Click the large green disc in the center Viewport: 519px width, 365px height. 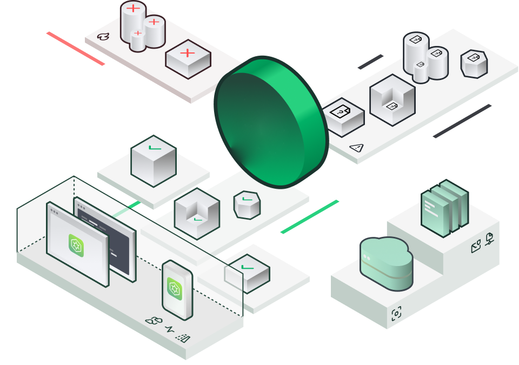coord(270,122)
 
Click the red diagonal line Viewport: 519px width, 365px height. coord(75,49)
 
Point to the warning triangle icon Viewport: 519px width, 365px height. coord(356,147)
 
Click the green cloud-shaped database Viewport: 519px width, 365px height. coord(386,263)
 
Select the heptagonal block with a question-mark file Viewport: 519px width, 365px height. coord(474,64)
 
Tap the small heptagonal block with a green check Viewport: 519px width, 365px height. coord(247,204)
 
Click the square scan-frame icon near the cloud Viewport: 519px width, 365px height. coord(396,313)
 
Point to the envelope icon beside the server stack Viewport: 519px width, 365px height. coord(476,248)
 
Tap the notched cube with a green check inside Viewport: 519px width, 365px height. coord(197,213)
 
